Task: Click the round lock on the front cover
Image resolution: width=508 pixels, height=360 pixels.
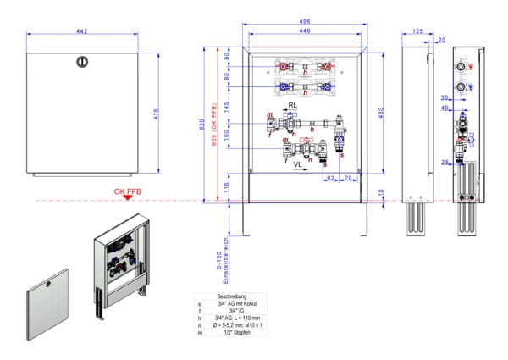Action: pos(82,62)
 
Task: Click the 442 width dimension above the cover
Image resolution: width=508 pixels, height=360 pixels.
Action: pos(82,31)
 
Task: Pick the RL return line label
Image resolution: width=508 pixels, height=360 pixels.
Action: pos(292,105)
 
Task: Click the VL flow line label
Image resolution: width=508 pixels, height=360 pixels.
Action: pos(299,167)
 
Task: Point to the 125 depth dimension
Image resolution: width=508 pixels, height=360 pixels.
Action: pos(417,31)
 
